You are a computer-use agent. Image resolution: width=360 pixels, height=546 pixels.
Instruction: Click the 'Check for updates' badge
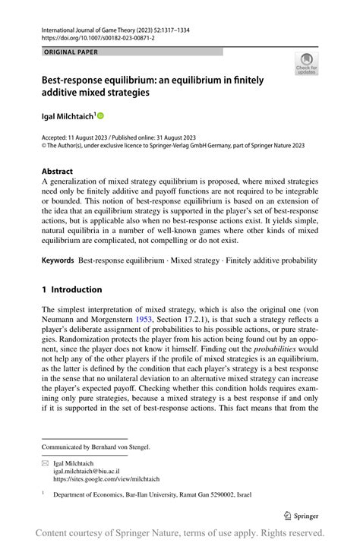pos(306,63)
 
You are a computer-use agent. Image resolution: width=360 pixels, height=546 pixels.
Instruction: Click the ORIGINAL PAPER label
pos(71,52)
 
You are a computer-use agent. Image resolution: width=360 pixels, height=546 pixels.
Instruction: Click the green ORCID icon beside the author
pos(99,115)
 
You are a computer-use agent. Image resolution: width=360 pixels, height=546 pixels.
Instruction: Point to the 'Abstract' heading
pos(58,172)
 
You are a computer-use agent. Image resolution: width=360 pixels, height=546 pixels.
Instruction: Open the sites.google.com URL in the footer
pos(106,480)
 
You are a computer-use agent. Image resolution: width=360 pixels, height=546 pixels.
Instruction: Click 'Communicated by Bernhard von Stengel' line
pos(96,447)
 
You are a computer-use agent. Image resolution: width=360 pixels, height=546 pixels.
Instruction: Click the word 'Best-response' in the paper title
pos(77,79)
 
